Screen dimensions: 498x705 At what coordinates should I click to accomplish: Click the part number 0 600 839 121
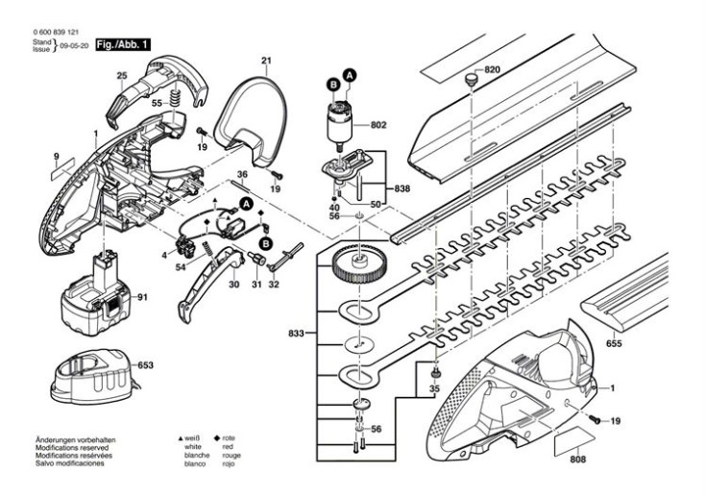click(x=57, y=33)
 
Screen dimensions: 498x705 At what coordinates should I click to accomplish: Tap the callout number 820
click(x=493, y=70)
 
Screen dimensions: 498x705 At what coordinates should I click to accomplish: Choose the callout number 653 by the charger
click(x=145, y=365)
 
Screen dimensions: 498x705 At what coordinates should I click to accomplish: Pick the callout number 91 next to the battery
click(x=141, y=298)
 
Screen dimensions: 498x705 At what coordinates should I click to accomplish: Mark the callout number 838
click(x=402, y=188)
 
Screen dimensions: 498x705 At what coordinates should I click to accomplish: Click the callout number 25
click(x=122, y=75)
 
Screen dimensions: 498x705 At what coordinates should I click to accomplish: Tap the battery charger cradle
click(x=93, y=372)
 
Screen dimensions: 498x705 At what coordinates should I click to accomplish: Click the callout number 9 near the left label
click(x=57, y=156)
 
